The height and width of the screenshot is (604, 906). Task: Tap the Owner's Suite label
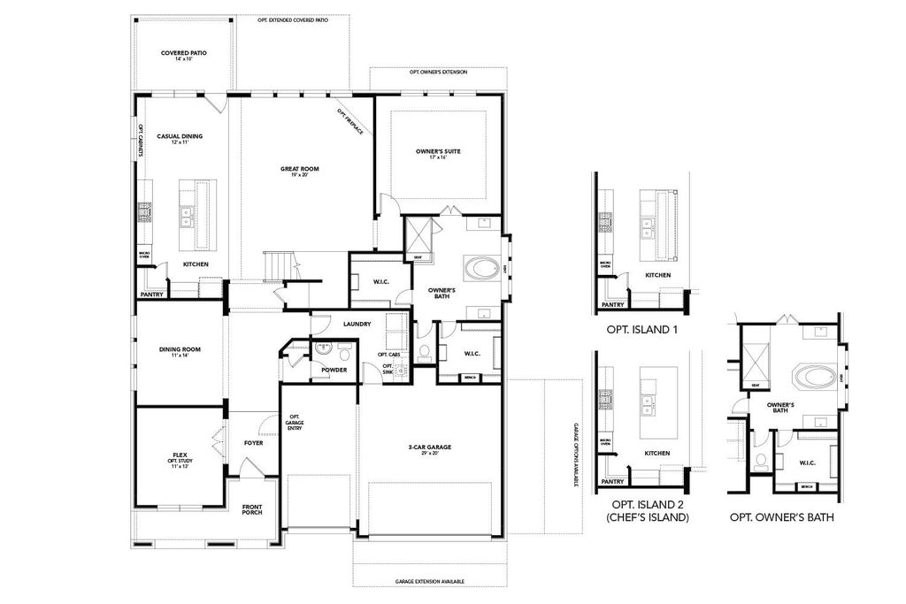[x=438, y=152]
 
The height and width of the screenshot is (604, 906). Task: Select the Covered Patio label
[x=184, y=54]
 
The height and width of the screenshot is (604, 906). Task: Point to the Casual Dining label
[x=180, y=137]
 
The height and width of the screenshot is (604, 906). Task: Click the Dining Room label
[x=180, y=350]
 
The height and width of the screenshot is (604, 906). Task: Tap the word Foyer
[x=253, y=443]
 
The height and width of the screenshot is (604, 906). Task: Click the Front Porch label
[x=252, y=509]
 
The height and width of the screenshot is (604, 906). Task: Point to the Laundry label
[x=357, y=324]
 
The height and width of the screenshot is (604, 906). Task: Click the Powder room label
[x=334, y=370]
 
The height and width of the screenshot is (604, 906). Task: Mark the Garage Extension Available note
[x=430, y=582]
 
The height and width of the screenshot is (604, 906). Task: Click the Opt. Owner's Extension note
[x=438, y=72]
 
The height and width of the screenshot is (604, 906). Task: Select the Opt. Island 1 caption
[x=641, y=329]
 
